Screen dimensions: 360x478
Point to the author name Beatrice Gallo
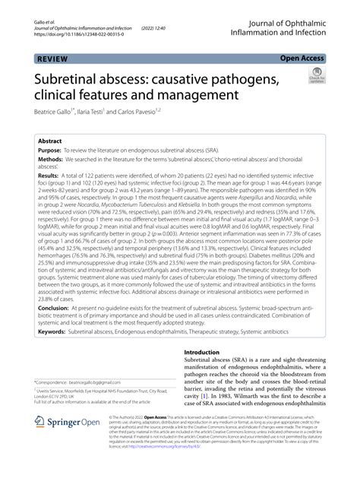pos(60,112)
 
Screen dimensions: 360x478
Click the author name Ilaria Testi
pos(112,112)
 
